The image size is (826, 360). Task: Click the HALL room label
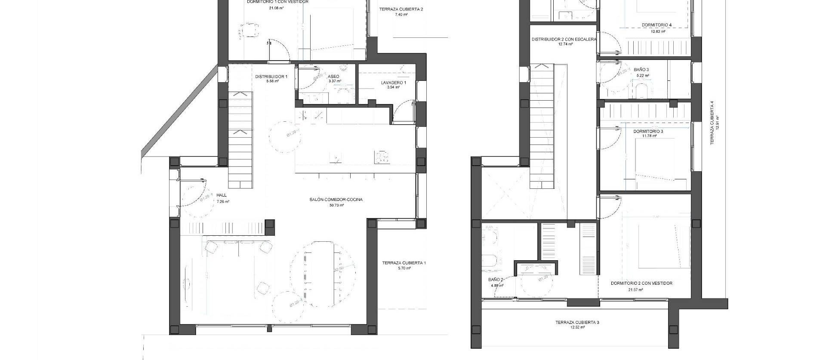[222, 195]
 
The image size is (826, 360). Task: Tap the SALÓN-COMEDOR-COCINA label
[336, 200]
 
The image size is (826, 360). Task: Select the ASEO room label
[333, 77]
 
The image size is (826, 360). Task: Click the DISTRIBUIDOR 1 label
[271, 77]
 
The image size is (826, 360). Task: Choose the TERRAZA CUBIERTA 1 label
[404, 263]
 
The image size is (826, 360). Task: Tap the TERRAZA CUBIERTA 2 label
[401, 9]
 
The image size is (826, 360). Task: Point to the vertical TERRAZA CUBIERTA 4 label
[712, 123]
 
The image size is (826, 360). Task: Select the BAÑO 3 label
[641, 70]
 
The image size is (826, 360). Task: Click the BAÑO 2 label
[496, 280]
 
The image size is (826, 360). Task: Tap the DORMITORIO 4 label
[656, 25]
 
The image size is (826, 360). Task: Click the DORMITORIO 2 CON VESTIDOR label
[641, 283]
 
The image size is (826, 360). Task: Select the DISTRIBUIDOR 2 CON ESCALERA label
[564, 39]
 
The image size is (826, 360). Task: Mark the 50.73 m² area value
[336, 205]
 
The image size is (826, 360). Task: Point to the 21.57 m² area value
[635, 289]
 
